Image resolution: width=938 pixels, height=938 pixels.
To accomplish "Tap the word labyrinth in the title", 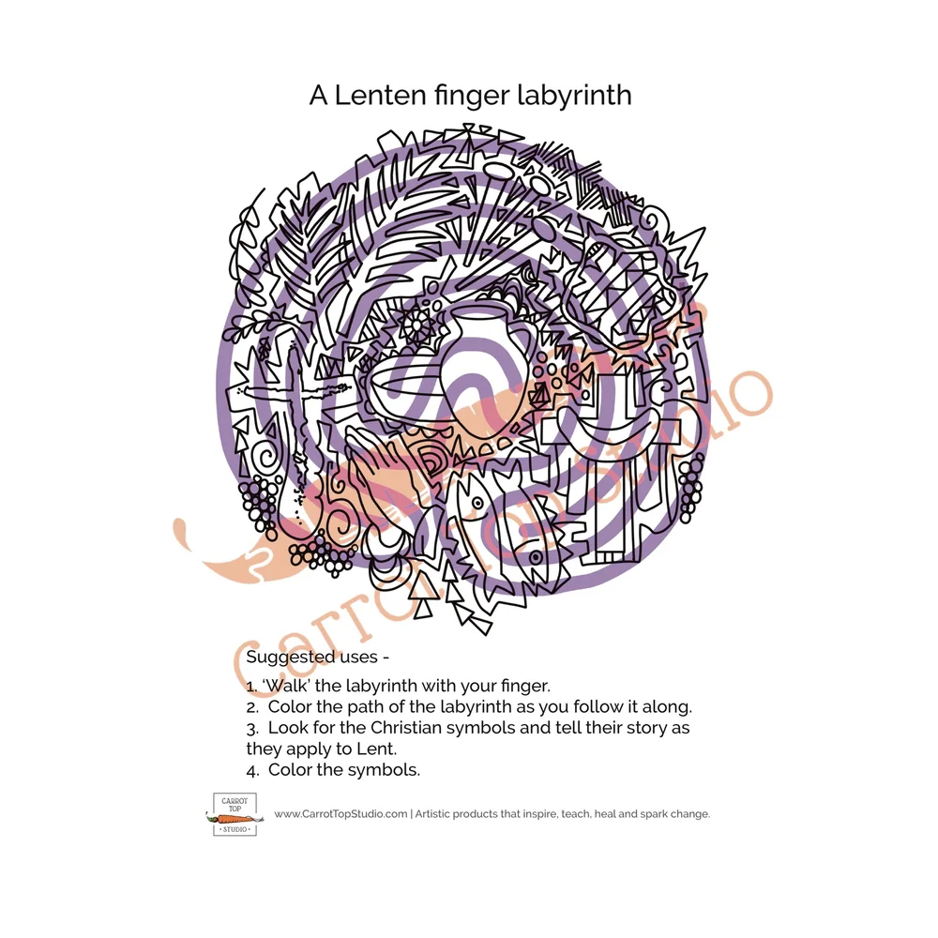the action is coord(578,96).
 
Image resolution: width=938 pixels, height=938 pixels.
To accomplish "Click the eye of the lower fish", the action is coord(536,556).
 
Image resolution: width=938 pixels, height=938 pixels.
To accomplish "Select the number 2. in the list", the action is coord(252,706).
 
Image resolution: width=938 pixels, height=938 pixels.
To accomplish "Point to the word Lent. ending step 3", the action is coord(375,749).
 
